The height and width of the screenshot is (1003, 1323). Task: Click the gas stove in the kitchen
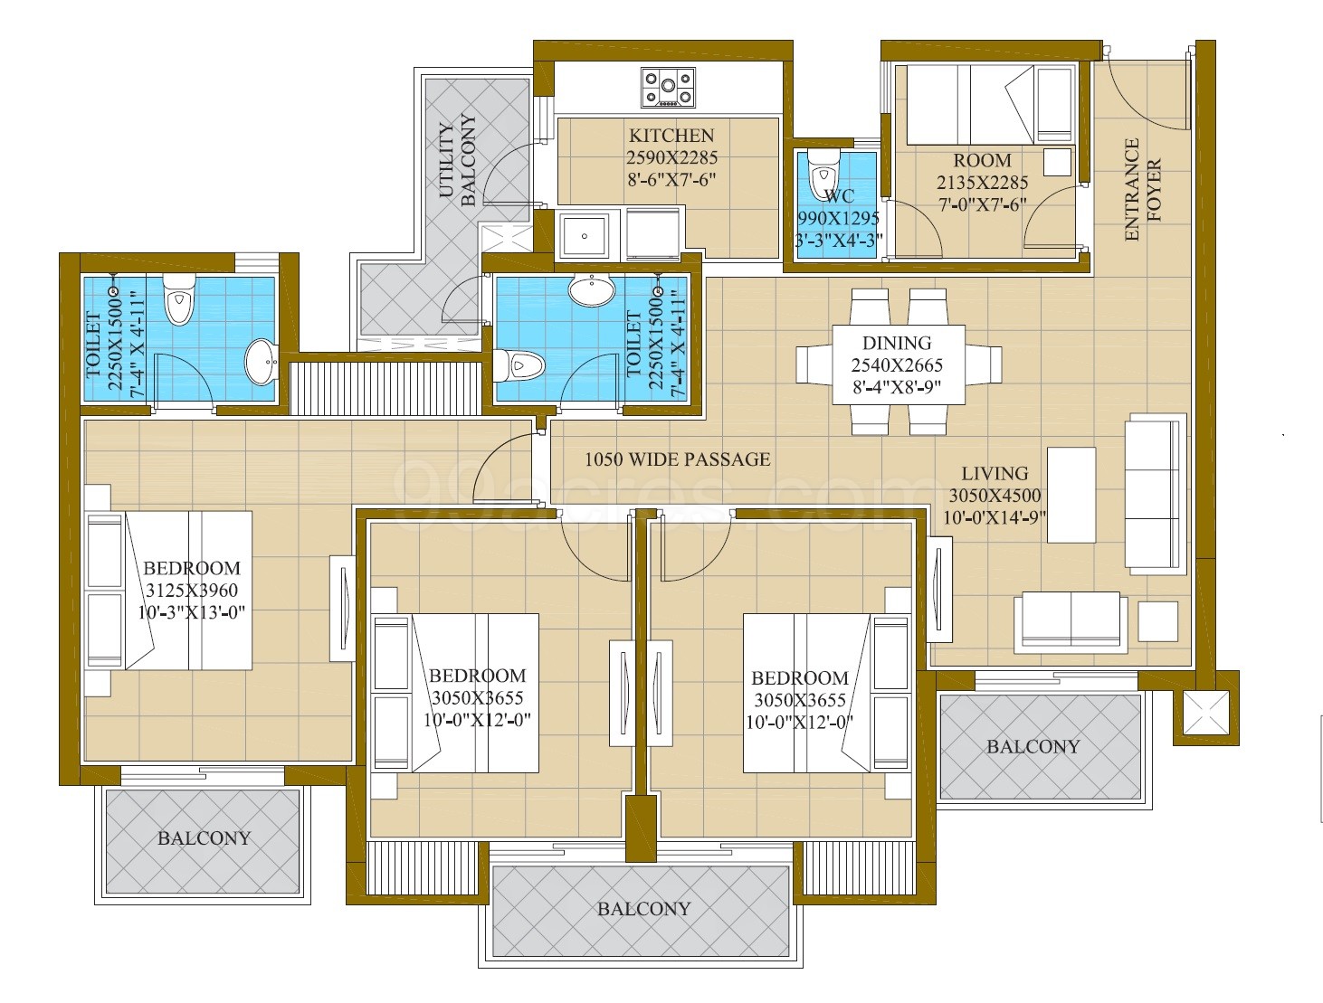(668, 88)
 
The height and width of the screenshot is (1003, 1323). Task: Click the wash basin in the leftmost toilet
(261, 362)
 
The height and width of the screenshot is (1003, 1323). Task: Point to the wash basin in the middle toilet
(592, 290)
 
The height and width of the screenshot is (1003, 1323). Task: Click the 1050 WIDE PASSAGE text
(677, 459)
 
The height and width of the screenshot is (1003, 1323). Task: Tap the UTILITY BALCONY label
(458, 161)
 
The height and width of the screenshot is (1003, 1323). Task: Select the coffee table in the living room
(1071, 495)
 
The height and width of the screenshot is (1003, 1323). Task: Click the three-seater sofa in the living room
(1156, 494)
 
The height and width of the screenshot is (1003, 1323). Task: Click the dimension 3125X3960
(193, 591)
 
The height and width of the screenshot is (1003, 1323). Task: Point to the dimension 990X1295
(840, 218)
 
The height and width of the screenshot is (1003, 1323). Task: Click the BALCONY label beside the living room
(1033, 747)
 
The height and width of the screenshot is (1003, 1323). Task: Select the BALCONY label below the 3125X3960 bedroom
(204, 838)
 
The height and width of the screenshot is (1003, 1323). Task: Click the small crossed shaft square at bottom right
(1205, 714)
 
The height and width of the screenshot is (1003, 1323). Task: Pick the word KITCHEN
(671, 136)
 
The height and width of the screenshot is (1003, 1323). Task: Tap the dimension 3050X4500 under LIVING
(995, 496)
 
